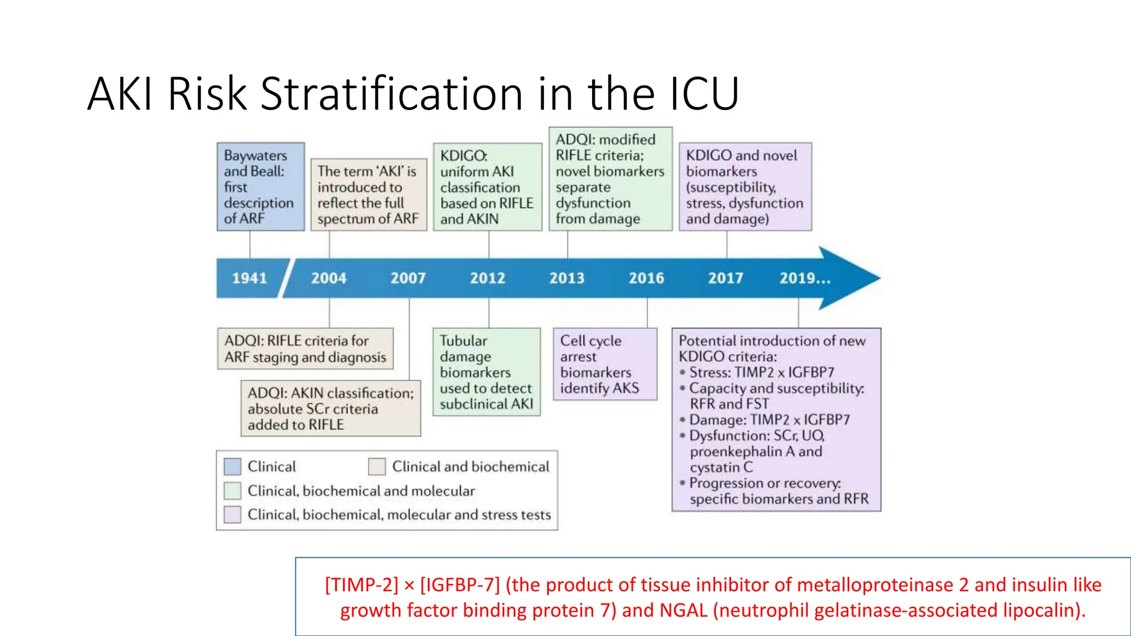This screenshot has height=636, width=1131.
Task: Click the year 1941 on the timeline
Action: click(x=249, y=278)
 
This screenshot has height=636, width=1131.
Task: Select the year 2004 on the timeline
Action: click(x=329, y=278)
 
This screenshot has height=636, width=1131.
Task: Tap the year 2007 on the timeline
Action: click(x=408, y=278)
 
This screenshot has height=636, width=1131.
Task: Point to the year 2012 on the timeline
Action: click(x=488, y=278)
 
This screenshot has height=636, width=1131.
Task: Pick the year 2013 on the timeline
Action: click(x=567, y=278)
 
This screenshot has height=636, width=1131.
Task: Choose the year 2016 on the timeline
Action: click(x=646, y=278)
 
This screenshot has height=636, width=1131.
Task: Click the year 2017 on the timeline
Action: click(x=726, y=278)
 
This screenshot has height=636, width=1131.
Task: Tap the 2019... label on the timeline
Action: click(x=805, y=278)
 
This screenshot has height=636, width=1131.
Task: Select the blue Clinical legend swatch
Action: click(x=232, y=467)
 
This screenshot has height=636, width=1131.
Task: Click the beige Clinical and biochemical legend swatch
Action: click(x=377, y=467)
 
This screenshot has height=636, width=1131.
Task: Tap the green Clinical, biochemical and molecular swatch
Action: click(x=232, y=490)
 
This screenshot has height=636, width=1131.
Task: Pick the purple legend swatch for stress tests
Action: click(x=232, y=514)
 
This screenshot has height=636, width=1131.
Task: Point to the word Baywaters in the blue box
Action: click(x=255, y=156)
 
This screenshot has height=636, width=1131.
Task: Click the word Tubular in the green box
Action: click(x=463, y=341)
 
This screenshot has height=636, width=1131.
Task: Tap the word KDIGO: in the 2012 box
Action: click(x=463, y=156)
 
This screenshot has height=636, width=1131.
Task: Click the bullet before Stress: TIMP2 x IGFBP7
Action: click(x=683, y=372)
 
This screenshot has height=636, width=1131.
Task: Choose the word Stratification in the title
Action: click(x=392, y=93)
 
